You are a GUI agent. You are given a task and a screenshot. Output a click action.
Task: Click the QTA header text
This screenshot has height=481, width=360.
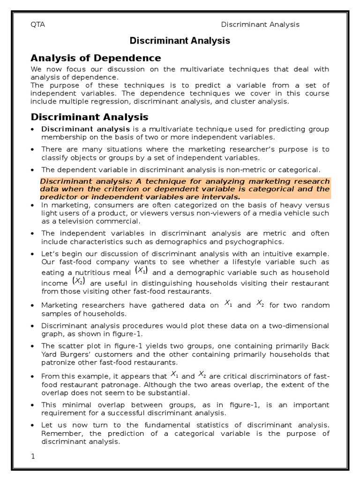coord(37,24)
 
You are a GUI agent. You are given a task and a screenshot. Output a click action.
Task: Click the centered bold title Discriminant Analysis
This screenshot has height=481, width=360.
coord(180,41)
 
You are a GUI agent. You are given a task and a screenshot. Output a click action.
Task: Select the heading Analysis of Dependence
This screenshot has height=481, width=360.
coord(96,58)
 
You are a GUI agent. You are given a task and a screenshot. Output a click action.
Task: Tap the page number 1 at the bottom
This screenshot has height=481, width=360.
coord(33,456)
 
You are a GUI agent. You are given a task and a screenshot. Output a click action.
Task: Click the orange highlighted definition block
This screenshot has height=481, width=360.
coord(185,189)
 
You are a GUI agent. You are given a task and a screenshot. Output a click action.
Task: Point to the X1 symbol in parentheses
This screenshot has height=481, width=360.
coord(142,270)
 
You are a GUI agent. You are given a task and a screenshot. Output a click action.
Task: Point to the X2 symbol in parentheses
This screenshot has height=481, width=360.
coord(79,281)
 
